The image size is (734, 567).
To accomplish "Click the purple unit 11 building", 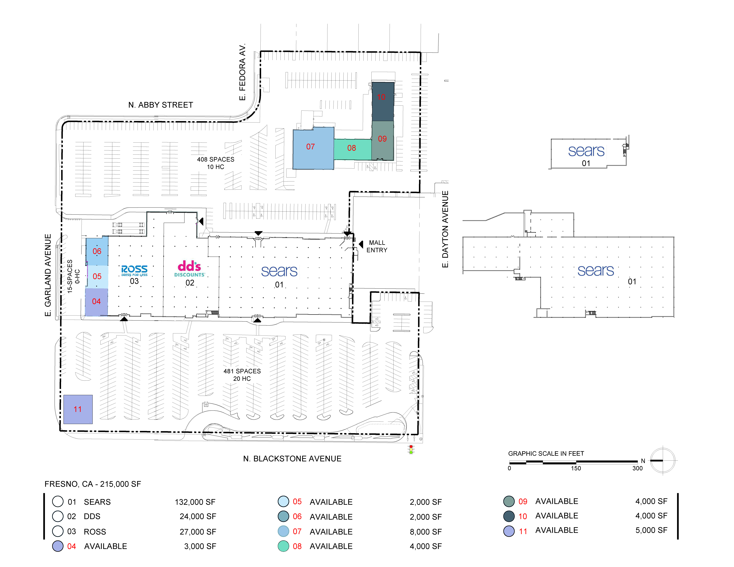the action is [78, 409].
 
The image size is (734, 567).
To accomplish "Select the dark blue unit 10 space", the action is [383, 101].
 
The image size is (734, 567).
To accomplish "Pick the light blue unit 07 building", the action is [313, 148].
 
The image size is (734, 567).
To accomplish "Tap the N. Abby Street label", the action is [161, 105].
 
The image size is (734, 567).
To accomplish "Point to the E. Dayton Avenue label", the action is [445, 229].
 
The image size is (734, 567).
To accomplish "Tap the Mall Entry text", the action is [377, 246].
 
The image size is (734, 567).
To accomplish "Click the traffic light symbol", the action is [411, 449].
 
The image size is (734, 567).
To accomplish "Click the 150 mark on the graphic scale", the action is [576, 468].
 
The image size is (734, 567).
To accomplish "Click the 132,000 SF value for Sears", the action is [195, 502].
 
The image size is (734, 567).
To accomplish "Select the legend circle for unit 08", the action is [283, 546].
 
